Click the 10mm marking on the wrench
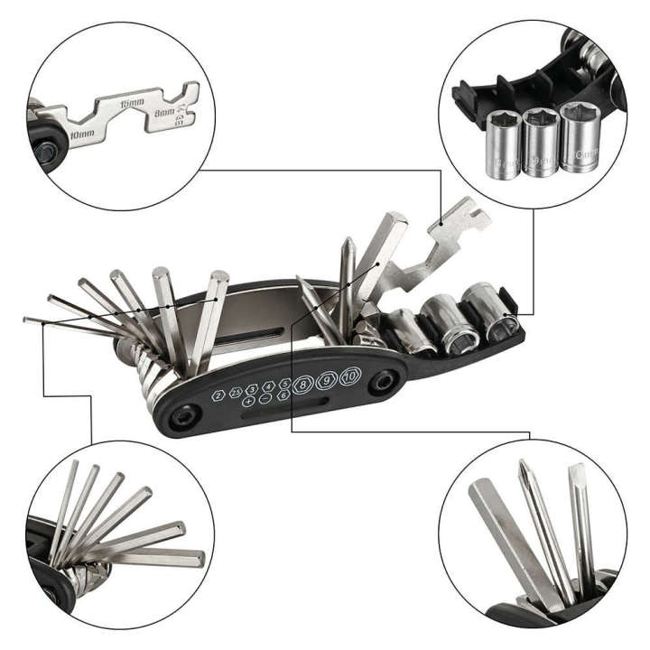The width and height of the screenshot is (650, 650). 81,133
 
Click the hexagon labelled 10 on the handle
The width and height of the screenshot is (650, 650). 350,376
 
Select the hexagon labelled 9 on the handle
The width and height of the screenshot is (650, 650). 327,379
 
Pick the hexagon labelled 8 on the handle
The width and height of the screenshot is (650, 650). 303,383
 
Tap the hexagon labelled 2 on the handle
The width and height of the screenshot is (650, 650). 218,395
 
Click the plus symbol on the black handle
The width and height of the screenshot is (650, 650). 248,400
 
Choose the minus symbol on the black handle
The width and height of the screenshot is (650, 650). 265,397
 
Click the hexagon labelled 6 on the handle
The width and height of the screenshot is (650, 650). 283,395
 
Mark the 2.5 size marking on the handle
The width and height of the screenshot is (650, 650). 236,392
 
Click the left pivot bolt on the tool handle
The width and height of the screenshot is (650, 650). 186,415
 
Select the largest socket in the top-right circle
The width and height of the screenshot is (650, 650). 579,137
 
